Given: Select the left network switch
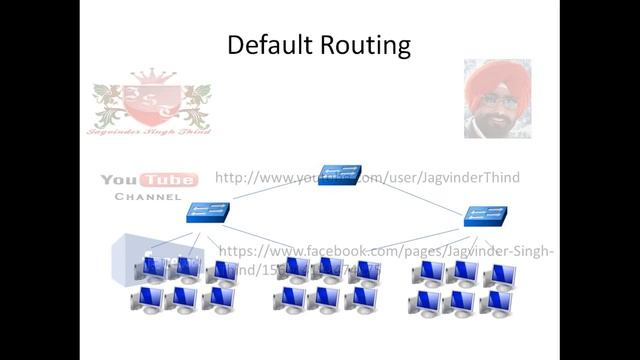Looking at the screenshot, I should (x=207, y=212).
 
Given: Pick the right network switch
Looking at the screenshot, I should (x=487, y=215).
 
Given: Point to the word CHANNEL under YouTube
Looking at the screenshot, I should (x=148, y=197).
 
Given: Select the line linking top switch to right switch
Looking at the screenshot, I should (x=415, y=194).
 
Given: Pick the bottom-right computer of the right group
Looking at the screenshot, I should (x=496, y=302).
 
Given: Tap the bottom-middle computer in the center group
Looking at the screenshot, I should (x=325, y=298).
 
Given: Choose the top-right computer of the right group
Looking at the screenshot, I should (x=499, y=274).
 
